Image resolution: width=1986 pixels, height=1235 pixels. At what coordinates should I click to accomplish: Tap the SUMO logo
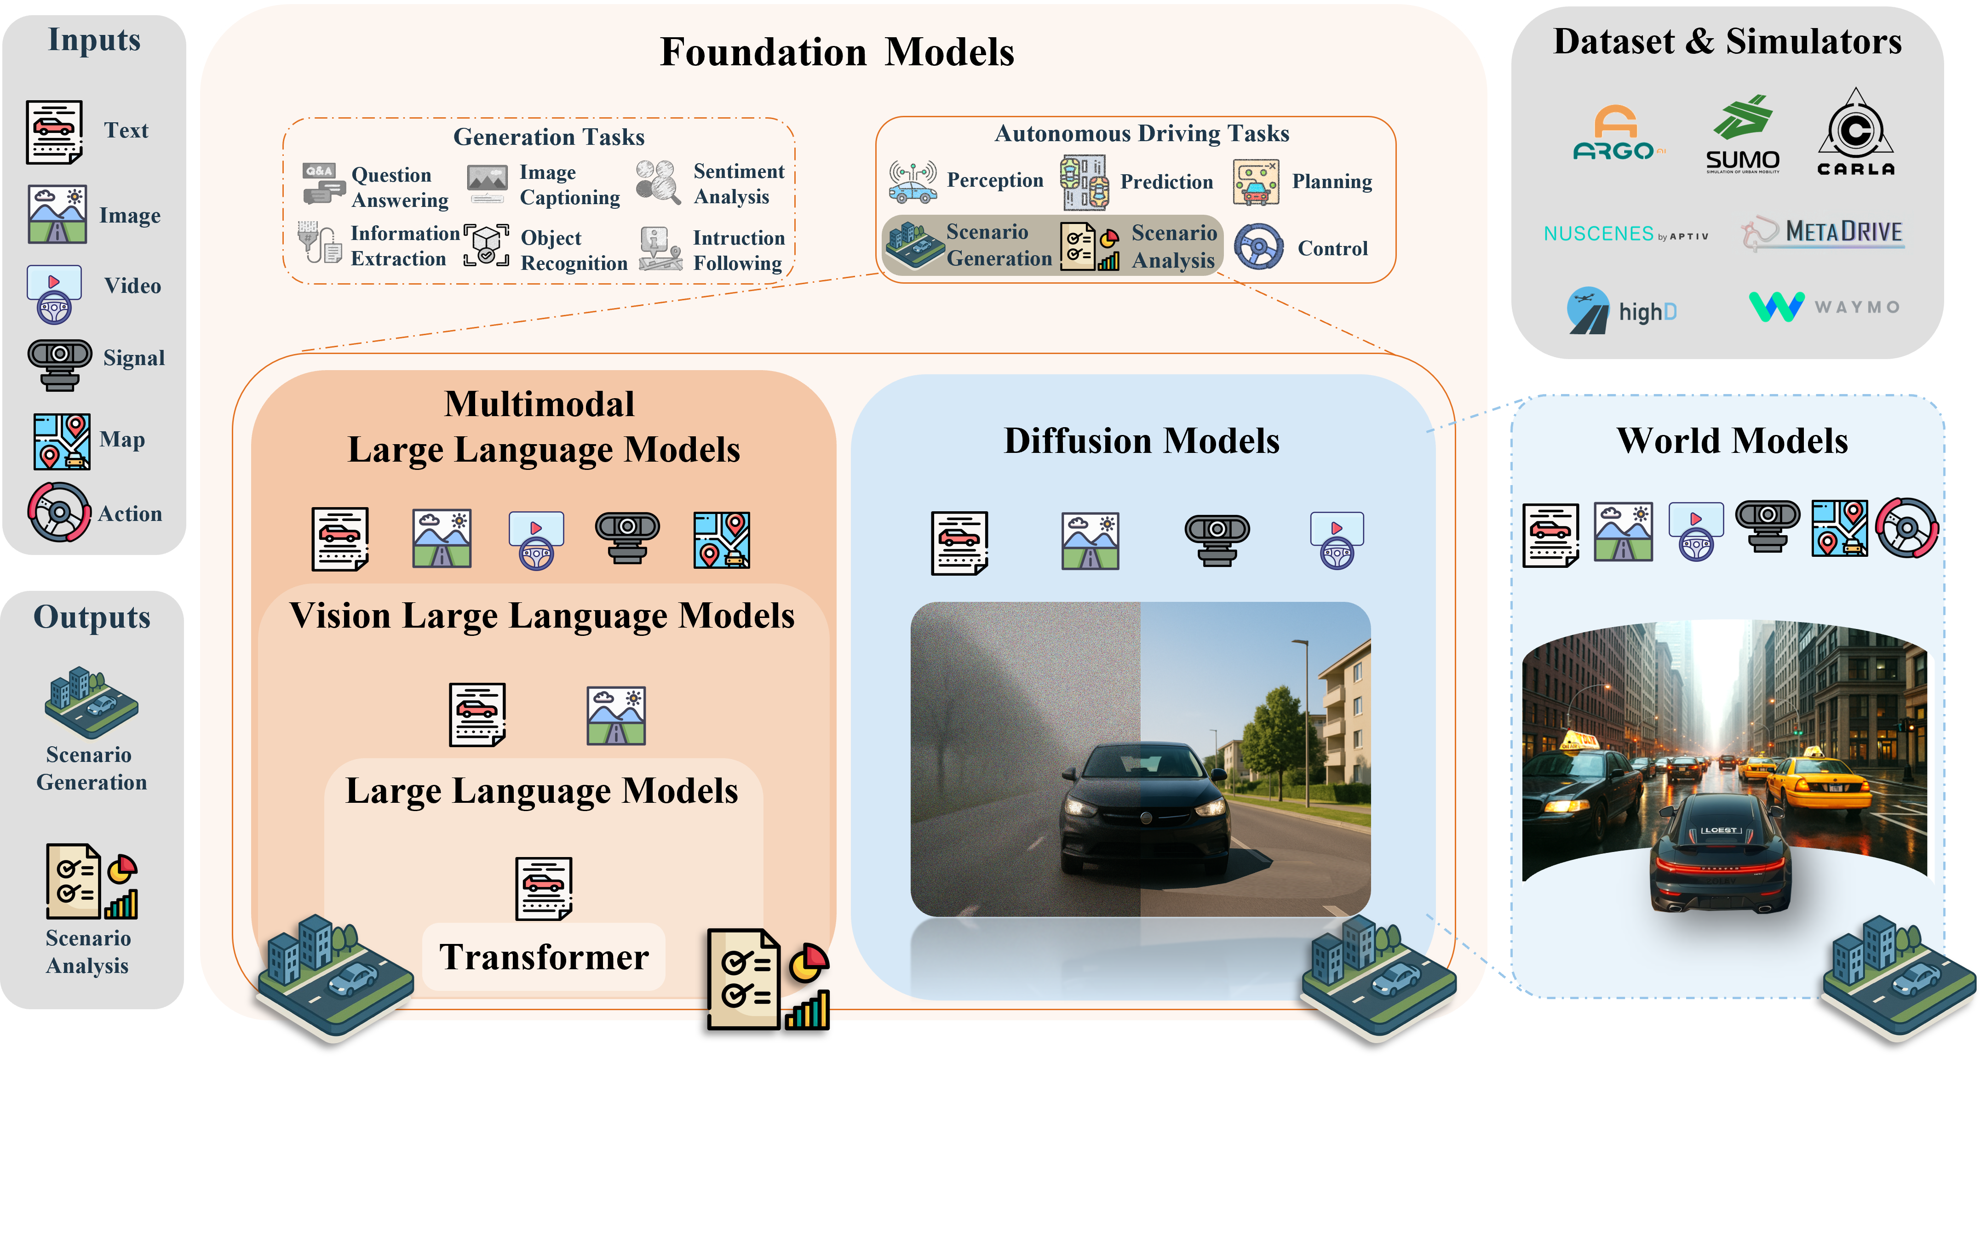pos(1743,135)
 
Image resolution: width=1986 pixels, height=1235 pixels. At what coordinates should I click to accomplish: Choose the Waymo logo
pos(1824,307)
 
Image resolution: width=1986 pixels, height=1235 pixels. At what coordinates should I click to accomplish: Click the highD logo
pos(1622,310)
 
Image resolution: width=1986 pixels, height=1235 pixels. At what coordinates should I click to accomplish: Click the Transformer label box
pos(544,956)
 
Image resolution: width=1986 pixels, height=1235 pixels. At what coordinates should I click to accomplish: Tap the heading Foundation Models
pos(837,52)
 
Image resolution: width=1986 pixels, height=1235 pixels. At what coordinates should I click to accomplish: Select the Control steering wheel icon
pos(1258,246)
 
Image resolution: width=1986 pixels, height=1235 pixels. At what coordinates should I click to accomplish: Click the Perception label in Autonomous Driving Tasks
pos(995,181)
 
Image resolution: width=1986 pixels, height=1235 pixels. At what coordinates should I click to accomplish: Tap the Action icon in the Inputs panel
pos(59,512)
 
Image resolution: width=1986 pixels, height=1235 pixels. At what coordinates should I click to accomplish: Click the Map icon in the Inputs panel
pos(61,441)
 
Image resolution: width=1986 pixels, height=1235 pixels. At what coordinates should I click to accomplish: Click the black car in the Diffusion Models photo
pos(1144,809)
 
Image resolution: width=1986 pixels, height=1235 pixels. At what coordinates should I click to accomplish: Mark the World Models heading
pos(1732,441)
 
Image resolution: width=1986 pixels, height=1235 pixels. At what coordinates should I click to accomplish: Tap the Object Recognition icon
pos(486,246)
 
